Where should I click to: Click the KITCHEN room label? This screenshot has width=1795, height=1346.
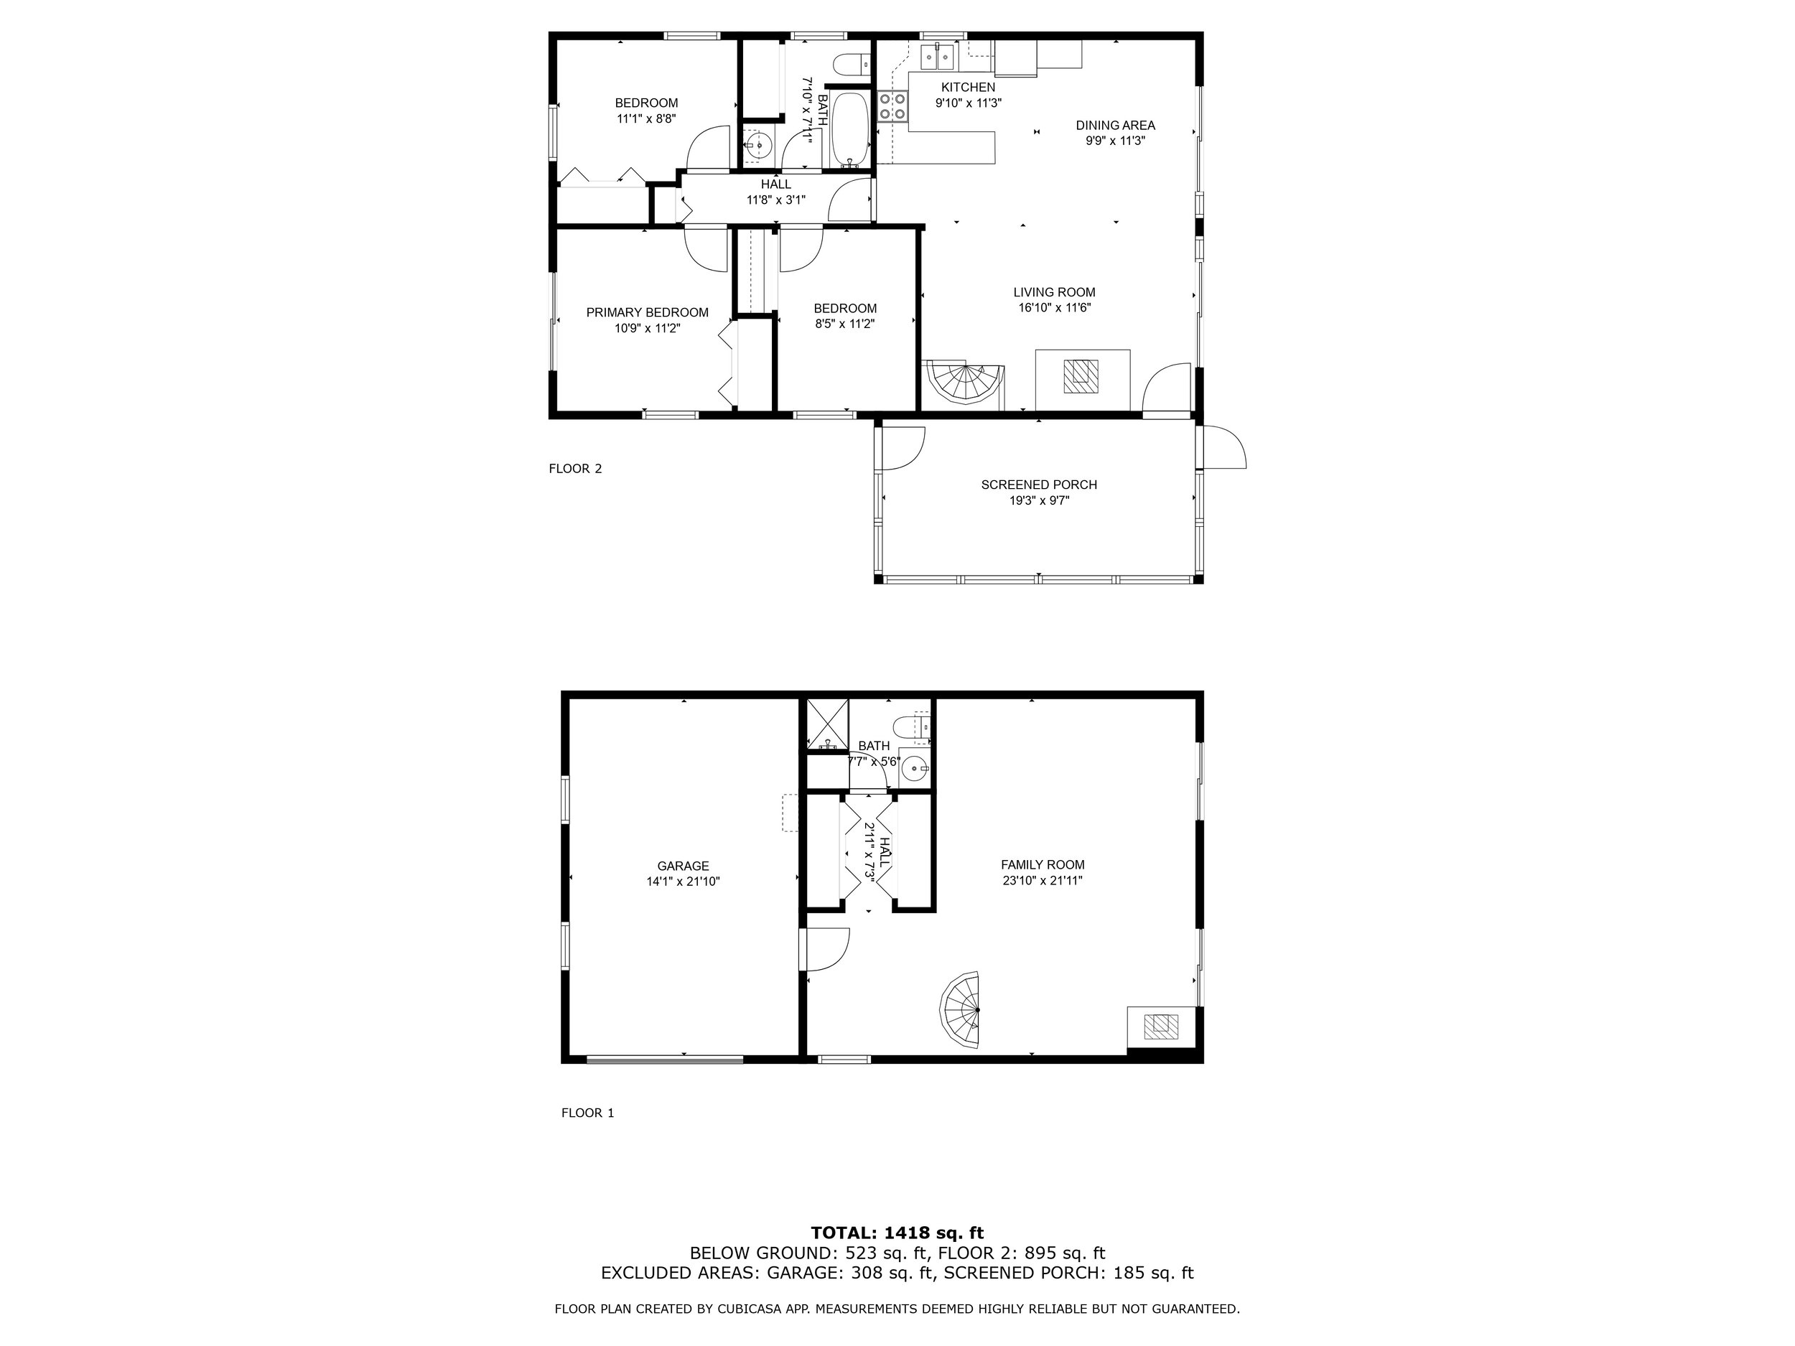tap(968, 88)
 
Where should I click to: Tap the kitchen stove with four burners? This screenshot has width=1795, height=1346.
tap(892, 106)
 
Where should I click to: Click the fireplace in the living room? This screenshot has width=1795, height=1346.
tap(1082, 376)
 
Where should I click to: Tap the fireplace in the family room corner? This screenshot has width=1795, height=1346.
tap(1161, 1027)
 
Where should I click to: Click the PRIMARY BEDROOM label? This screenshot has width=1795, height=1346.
tap(647, 312)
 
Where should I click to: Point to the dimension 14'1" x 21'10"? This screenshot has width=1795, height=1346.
tap(684, 881)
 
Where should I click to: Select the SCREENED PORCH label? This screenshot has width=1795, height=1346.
tap(1039, 485)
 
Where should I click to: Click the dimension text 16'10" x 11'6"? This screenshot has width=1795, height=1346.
tap(1054, 307)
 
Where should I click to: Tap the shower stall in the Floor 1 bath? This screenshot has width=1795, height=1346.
tap(827, 723)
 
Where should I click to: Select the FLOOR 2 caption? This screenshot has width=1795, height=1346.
tap(574, 468)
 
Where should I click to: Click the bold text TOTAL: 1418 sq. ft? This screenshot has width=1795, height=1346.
tap(897, 1233)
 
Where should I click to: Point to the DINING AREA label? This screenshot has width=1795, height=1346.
tap(1115, 125)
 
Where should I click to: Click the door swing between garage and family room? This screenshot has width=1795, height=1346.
tap(825, 949)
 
